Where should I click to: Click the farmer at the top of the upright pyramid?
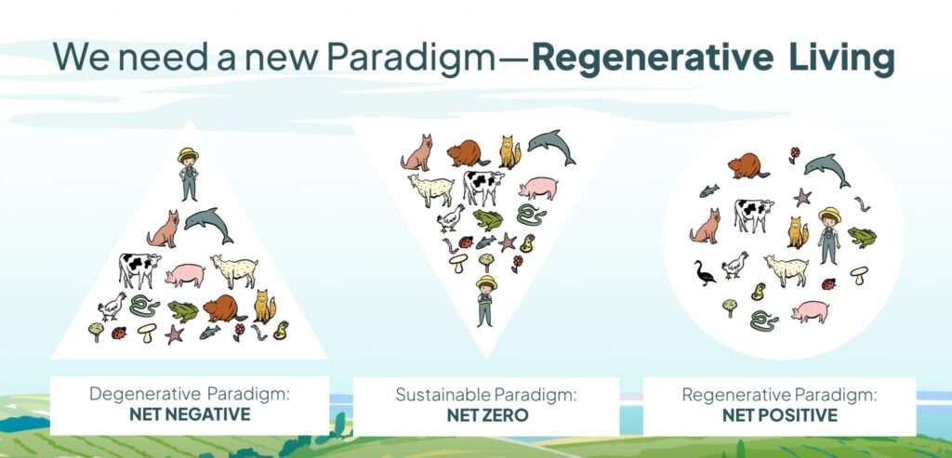188,174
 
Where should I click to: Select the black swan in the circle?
705,273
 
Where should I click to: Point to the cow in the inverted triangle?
483,187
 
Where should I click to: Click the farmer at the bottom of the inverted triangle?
485,301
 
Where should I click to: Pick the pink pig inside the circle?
810,312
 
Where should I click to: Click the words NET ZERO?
487,415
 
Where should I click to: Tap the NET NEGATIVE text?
190,414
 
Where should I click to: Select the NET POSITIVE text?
780,415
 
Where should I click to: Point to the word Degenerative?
144,394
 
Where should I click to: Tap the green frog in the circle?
862,237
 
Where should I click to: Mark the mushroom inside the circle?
858,275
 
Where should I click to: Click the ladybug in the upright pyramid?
118,333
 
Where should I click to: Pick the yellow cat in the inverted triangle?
509,152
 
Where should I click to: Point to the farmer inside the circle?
828,235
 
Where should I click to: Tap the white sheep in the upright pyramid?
234,270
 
